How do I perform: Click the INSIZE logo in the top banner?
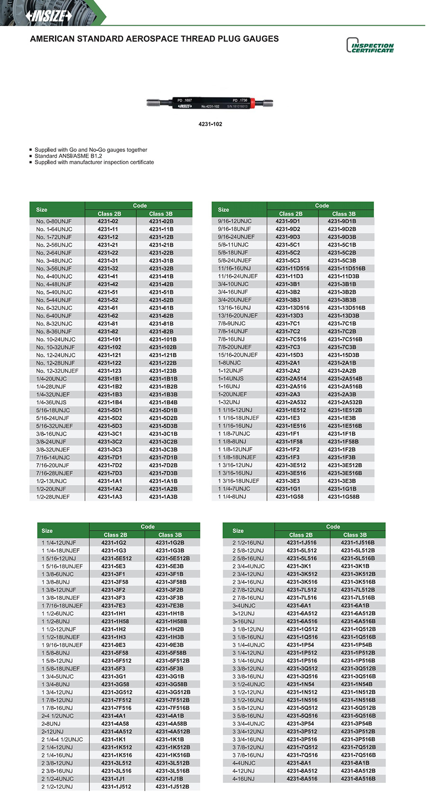coord(49,16)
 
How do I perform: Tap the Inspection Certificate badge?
coord(370,46)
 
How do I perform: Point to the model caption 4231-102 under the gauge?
coord(210,124)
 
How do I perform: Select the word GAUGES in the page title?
coord(260,39)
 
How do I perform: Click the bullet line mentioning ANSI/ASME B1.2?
coord(68,156)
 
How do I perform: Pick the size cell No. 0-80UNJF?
coord(54,221)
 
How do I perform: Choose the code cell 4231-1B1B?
coord(163,379)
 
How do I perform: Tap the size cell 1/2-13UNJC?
coord(52,481)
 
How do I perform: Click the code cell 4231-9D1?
coord(288,221)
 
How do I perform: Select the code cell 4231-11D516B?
coord(346,269)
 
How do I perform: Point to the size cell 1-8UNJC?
coord(230,363)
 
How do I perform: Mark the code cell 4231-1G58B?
coord(344,497)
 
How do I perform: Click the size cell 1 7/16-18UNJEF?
coord(62,606)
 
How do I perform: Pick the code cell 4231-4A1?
coord(114,716)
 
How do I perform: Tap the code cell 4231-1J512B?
coord(172,787)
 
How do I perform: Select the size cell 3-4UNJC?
coord(244,606)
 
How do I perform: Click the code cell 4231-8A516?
coord(302,779)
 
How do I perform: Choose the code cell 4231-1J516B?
coord(358,543)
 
